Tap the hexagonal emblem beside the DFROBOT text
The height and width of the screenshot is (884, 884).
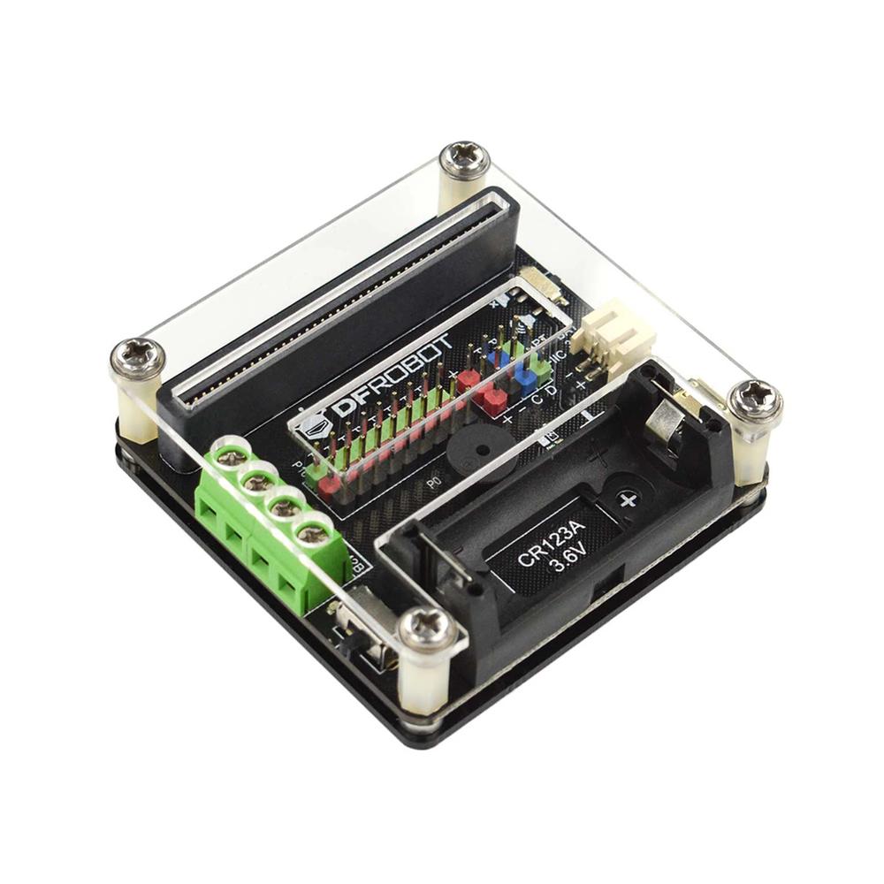[316, 424]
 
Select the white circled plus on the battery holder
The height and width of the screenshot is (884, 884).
[628, 500]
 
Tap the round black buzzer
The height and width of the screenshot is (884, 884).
[478, 454]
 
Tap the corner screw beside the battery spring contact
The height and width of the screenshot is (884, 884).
[754, 400]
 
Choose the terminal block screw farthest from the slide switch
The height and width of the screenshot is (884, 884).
[232, 457]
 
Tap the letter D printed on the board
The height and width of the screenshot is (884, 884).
[552, 390]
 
